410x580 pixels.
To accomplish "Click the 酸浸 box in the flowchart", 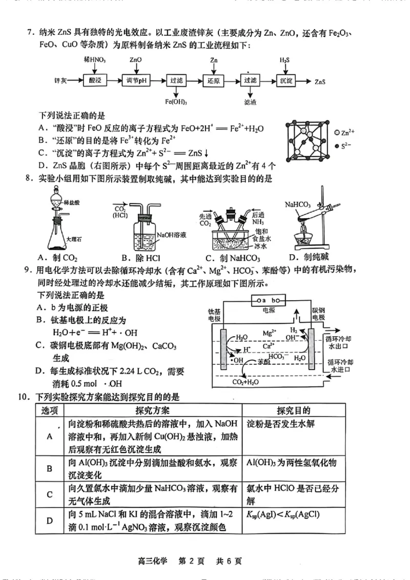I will [x=95, y=80].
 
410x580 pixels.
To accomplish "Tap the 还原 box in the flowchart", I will [x=213, y=80].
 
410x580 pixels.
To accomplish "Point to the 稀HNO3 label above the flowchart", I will [x=95, y=60].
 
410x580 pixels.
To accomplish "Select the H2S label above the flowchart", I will [x=285, y=60].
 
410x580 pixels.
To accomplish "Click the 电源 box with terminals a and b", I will [x=268, y=300].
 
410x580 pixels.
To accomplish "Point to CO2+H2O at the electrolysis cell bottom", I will [x=245, y=382].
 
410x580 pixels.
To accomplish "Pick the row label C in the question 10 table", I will [x=50, y=494].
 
